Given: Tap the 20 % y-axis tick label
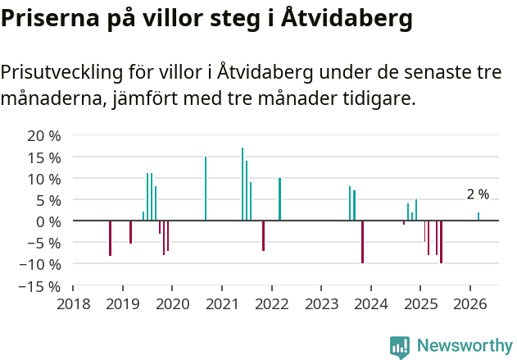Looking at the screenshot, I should tap(43, 135).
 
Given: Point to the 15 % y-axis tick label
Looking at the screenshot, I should tap(43, 157).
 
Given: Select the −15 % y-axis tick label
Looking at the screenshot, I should tap(39, 286).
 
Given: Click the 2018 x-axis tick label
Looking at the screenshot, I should tap(73, 304).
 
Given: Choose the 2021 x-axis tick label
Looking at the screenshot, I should tap(222, 304).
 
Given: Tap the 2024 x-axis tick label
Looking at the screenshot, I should tap(371, 304).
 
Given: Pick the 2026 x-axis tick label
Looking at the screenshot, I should tap(470, 304).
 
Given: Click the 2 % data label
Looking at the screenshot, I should tap(478, 194).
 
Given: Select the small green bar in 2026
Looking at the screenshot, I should tap(478, 216).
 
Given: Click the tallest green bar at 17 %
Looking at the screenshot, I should tap(243, 185).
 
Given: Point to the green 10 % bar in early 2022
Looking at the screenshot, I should tap(279, 199).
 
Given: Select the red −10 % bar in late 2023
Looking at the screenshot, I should tap(362, 242).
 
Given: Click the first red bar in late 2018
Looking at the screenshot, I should tap(110, 238).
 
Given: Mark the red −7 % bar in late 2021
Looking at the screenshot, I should tap(263, 235).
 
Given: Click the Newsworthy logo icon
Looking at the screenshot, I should tap(399, 347).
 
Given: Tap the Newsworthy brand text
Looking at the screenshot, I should tap(465, 346).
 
